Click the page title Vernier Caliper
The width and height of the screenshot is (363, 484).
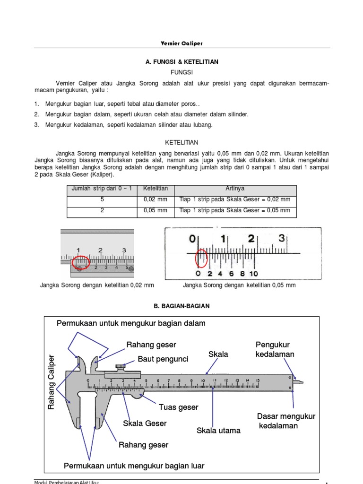(x=182, y=43)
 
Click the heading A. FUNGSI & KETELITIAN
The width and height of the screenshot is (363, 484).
(x=182, y=62)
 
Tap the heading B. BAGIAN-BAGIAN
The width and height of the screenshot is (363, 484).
(x=182, y=306)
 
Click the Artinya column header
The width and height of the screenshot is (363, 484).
(x=235, y=189)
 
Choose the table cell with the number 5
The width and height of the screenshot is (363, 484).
(x=102, y=199)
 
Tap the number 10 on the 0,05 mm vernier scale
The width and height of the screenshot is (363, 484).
(x=253, y=274)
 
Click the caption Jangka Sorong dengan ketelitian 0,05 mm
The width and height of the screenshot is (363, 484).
(x=239, y=285)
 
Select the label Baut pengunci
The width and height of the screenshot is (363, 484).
(x=163, y=359)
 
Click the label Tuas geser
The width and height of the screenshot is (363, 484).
(x=178, y=407)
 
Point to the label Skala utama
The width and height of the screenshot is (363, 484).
(x=218, y=431)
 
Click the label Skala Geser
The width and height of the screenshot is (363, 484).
(x=145, y=423)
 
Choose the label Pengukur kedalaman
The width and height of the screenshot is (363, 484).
(x=275, y=349)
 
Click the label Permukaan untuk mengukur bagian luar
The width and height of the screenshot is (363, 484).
(x=134, y=466)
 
